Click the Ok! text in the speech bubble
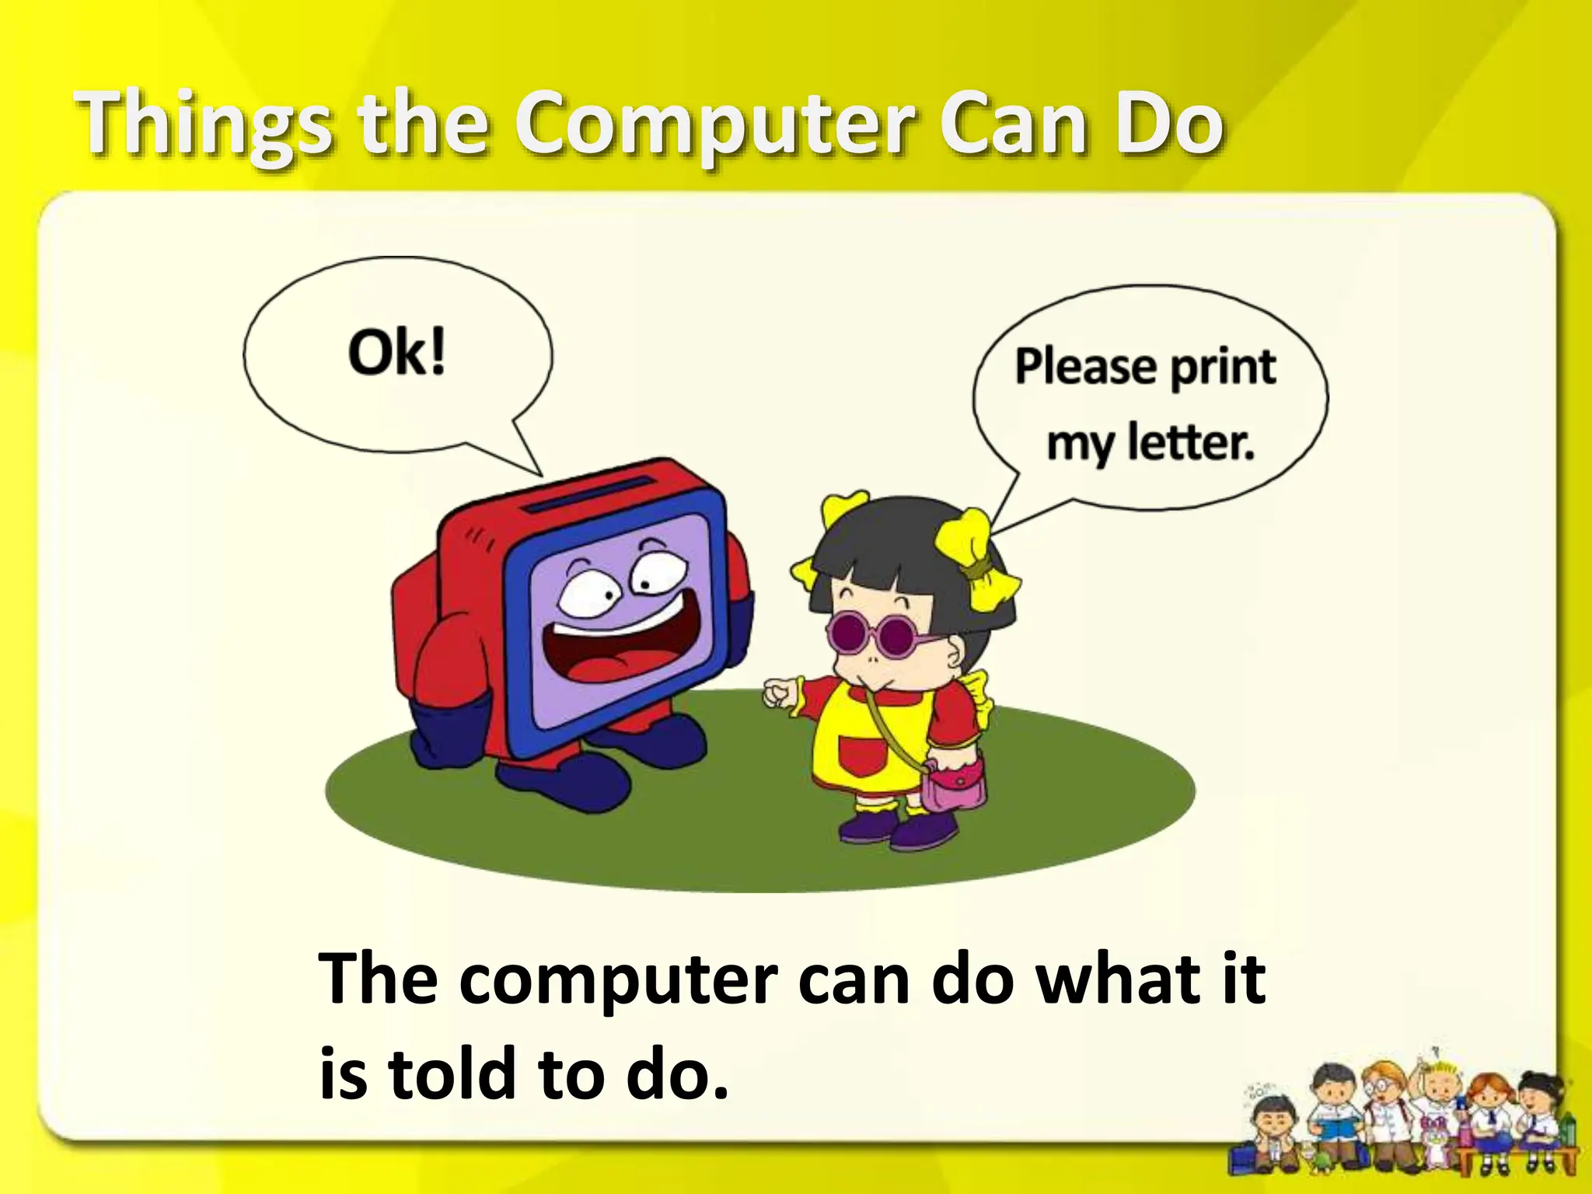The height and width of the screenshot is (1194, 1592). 396,354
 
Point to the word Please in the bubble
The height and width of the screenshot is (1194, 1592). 1084,367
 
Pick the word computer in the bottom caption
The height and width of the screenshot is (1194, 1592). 618,981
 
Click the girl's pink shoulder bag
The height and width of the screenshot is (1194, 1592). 952,785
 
